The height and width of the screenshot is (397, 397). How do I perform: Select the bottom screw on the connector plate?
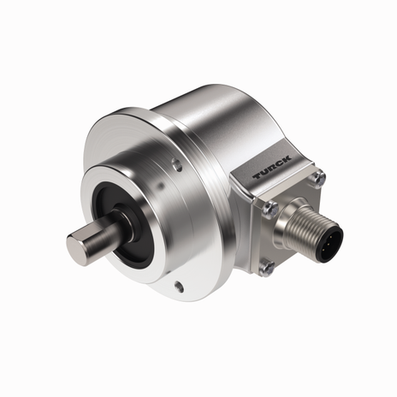click(x=267, y=268)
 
